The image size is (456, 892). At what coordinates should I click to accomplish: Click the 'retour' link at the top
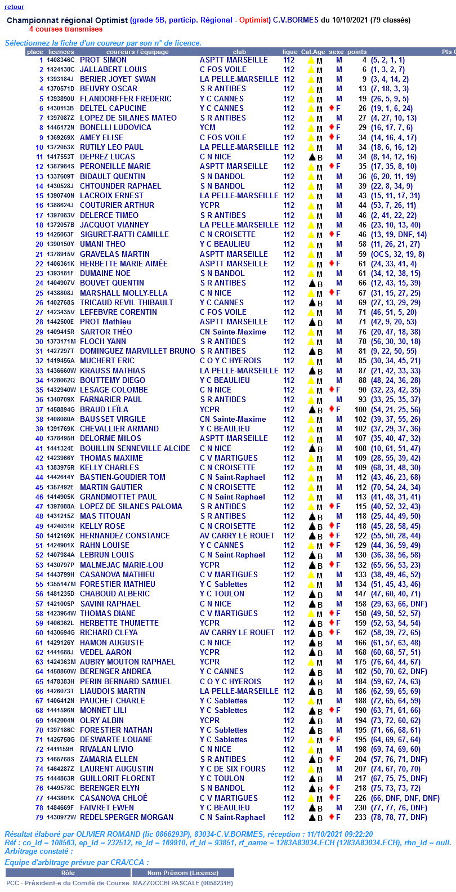tap(14, 7)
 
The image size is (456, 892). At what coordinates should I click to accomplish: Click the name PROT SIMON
tap(103, 60)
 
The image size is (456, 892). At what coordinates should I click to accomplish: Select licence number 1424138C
tap(60, 70)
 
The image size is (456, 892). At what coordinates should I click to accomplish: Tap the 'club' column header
tap(239, 52)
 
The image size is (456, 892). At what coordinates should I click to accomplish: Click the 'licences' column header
tap(61, 52)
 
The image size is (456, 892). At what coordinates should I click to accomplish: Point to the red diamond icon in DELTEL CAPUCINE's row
tap(332, 108)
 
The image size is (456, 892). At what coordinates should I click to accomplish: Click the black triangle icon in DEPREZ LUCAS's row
tap(311, 157)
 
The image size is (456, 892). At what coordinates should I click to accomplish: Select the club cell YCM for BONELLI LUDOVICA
tap(208, 128)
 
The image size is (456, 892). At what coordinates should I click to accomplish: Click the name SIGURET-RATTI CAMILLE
tap(124, 234)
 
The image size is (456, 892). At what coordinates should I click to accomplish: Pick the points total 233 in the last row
tap(360, 817)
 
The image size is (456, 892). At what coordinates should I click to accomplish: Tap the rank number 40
tap(39, 439)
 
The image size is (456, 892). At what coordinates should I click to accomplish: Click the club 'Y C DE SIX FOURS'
tap(233, 769)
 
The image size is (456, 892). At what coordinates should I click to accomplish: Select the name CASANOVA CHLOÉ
tap(113, 798)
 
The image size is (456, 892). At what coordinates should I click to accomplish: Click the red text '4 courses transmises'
tap(66, 29)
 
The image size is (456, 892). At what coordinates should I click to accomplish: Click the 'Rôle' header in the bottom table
tap(68, 873)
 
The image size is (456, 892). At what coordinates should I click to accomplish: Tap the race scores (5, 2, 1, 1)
tap(387, 60)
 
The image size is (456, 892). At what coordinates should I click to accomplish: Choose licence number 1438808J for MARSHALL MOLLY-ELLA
tap(60, 293)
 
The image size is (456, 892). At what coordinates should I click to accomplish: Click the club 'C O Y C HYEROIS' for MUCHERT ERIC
tap(230, 361)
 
